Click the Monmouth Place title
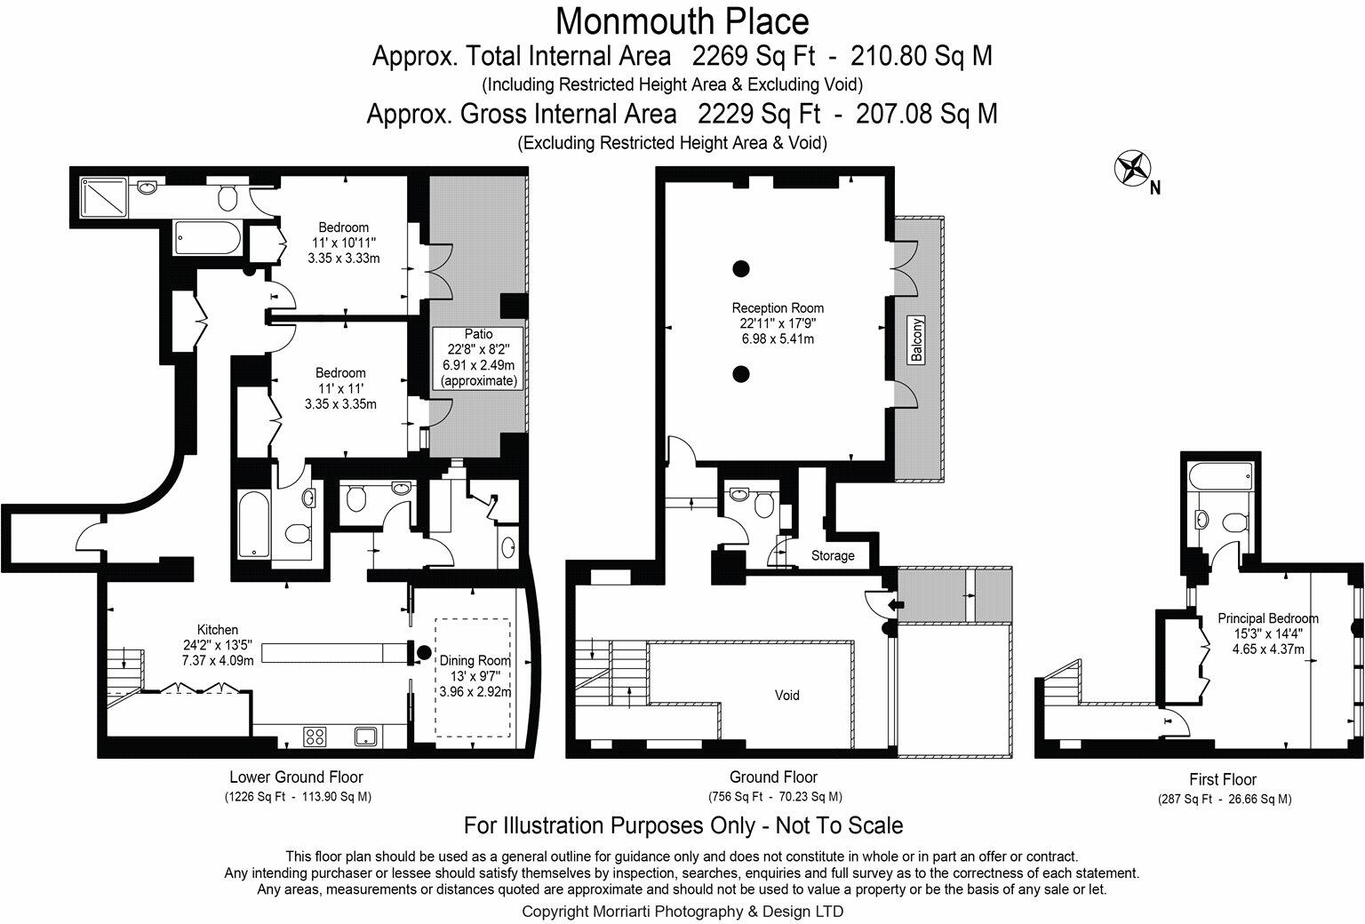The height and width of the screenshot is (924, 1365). [x=682, y=20]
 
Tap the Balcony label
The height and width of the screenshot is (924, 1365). [x=916, y=339]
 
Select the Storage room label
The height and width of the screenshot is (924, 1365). [x=833, y=555]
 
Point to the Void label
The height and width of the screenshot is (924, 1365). [x=786, y=695]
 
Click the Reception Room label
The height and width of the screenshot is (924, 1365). [x=777, y=323]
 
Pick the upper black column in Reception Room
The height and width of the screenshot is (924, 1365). [x=740, y=267]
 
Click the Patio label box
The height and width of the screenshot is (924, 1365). [x=478, y=357]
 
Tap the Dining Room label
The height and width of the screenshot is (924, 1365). [x=475, y=675]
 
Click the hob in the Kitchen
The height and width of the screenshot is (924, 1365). [x=315, y=736]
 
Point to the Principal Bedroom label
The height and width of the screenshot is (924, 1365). [x=1267, y=633]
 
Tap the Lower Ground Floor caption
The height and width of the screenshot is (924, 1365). [x=296, y=777]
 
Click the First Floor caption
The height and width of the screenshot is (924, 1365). [x=1223, y=779]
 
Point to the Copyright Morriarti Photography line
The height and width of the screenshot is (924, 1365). [x=682, y=911]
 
